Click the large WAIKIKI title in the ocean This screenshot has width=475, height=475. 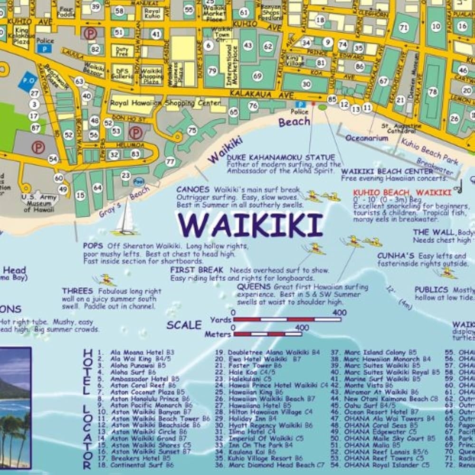click(x=250, y=225)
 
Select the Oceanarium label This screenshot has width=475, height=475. click(x=367, y=138)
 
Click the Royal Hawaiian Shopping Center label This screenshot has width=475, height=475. click(x=165, y=103)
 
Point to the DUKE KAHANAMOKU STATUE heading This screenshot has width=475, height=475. click(x=281, y=157)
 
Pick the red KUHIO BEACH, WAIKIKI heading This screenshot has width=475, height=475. click(x=402, y=192)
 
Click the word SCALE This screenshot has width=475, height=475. click(x=184, y=325)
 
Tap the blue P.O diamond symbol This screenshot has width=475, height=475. click(x=28, y=82)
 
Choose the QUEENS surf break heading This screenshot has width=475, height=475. click(x=254, y=287)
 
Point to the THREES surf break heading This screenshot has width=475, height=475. click(x=77, y=291)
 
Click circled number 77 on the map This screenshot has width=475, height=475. click(x=170, y=162)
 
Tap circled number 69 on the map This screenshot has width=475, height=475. click(x=257, y=76)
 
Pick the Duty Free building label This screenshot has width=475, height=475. click(x=122, y=50)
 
